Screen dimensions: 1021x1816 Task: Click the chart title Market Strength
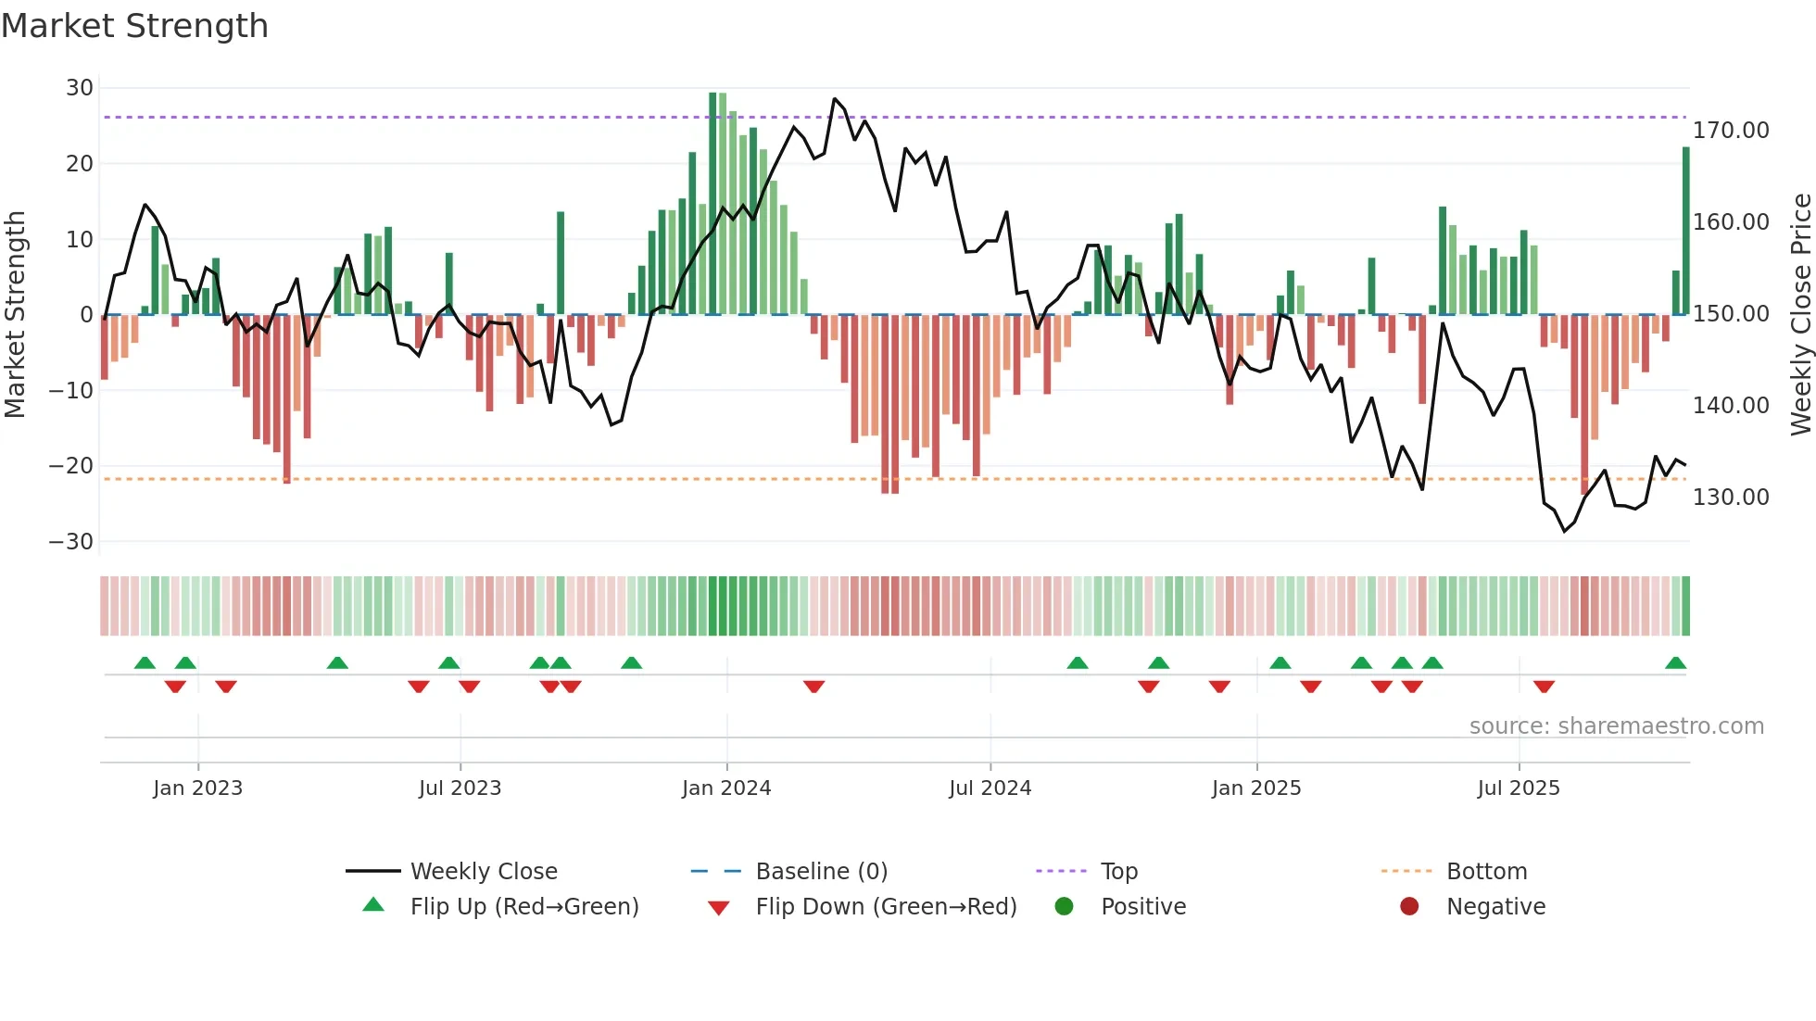tap(135, 26)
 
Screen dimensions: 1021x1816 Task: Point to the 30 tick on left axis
tap(80, 88)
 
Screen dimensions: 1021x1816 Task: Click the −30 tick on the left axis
tap(72, 541)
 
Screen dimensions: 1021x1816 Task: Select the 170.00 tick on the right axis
tap(1731, 131)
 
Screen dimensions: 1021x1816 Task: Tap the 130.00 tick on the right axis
tap(1731, 498)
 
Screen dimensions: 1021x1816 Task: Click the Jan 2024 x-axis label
tap(726, 788)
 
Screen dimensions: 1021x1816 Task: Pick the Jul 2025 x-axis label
tap(1519, 788)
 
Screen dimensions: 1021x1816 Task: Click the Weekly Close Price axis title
tap(1800, 315)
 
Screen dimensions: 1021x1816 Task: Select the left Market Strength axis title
tap(15, 315)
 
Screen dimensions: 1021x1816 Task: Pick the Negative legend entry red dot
tap(1409, 907)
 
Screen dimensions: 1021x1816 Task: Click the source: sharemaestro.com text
tap(1617, 726)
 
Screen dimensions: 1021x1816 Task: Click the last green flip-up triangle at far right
tap(1675, 663)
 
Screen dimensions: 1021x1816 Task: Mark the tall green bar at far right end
tap(1686, 232)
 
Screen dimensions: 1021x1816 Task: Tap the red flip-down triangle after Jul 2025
tap(1544, 687)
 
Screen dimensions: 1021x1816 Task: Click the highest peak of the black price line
tap(835, 99)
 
